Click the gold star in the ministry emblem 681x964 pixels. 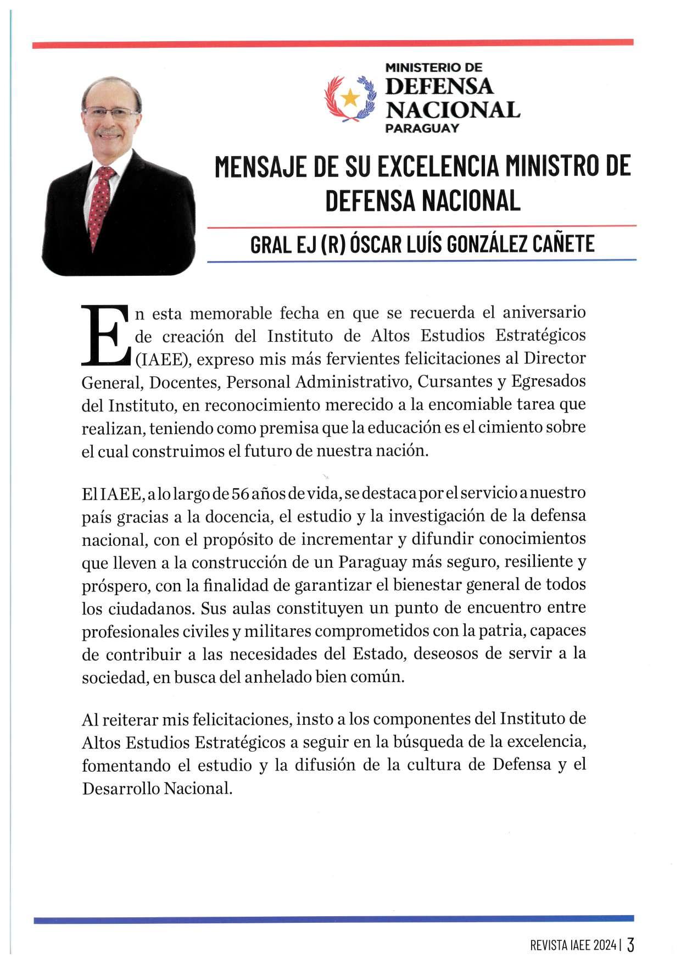350,98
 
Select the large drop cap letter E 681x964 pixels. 105,335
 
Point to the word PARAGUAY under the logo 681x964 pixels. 422,129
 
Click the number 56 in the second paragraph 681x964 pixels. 241,493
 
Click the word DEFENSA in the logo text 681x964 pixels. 439,86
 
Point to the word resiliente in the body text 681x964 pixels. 535,562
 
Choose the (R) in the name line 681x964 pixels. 329,243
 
